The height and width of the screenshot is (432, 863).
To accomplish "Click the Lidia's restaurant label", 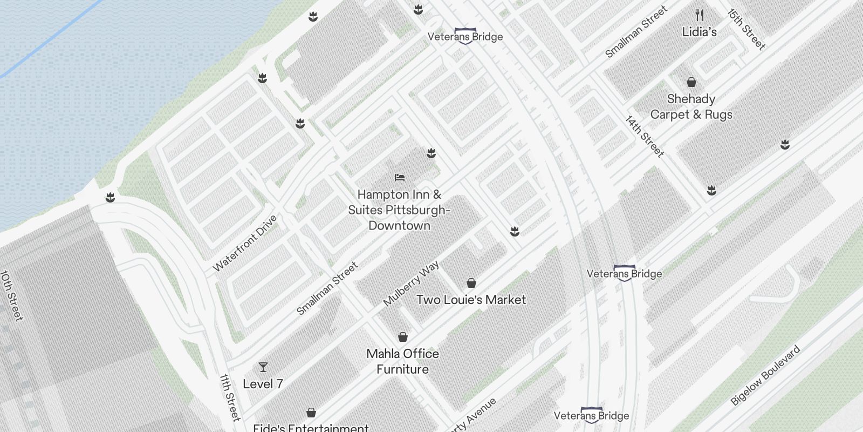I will pos(699,32).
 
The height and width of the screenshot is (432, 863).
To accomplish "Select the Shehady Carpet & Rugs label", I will pos(691,106).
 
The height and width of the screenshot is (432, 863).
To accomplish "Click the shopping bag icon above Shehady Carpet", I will pos(691,82).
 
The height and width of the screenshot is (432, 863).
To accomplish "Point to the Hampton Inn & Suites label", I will pos(399,210).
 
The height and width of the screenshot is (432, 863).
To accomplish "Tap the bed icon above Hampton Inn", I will pos(400,177).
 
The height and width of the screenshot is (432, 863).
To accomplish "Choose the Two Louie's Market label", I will pos(471,300).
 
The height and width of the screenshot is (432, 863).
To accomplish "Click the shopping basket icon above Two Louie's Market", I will pos(471,283).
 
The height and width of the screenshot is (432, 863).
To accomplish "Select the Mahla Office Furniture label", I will pos(402,361).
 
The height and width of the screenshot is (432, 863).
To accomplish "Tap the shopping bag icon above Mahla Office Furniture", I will pos(402,337).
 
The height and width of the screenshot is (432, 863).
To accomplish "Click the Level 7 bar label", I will pos(263,384).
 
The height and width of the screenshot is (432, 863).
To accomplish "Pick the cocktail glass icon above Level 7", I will pos(263,367).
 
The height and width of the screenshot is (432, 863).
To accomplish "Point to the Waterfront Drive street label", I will pos(245,243).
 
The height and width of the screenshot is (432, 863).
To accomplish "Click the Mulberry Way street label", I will pos(411,283).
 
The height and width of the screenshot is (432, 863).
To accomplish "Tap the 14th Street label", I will pos(645,136).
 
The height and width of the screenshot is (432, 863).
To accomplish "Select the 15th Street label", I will pos(746,29).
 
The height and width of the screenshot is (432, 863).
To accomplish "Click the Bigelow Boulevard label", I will pos(765,375).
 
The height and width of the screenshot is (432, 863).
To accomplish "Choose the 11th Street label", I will pos(230,397).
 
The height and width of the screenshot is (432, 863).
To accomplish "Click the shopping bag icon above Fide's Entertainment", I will pos(311,413).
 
